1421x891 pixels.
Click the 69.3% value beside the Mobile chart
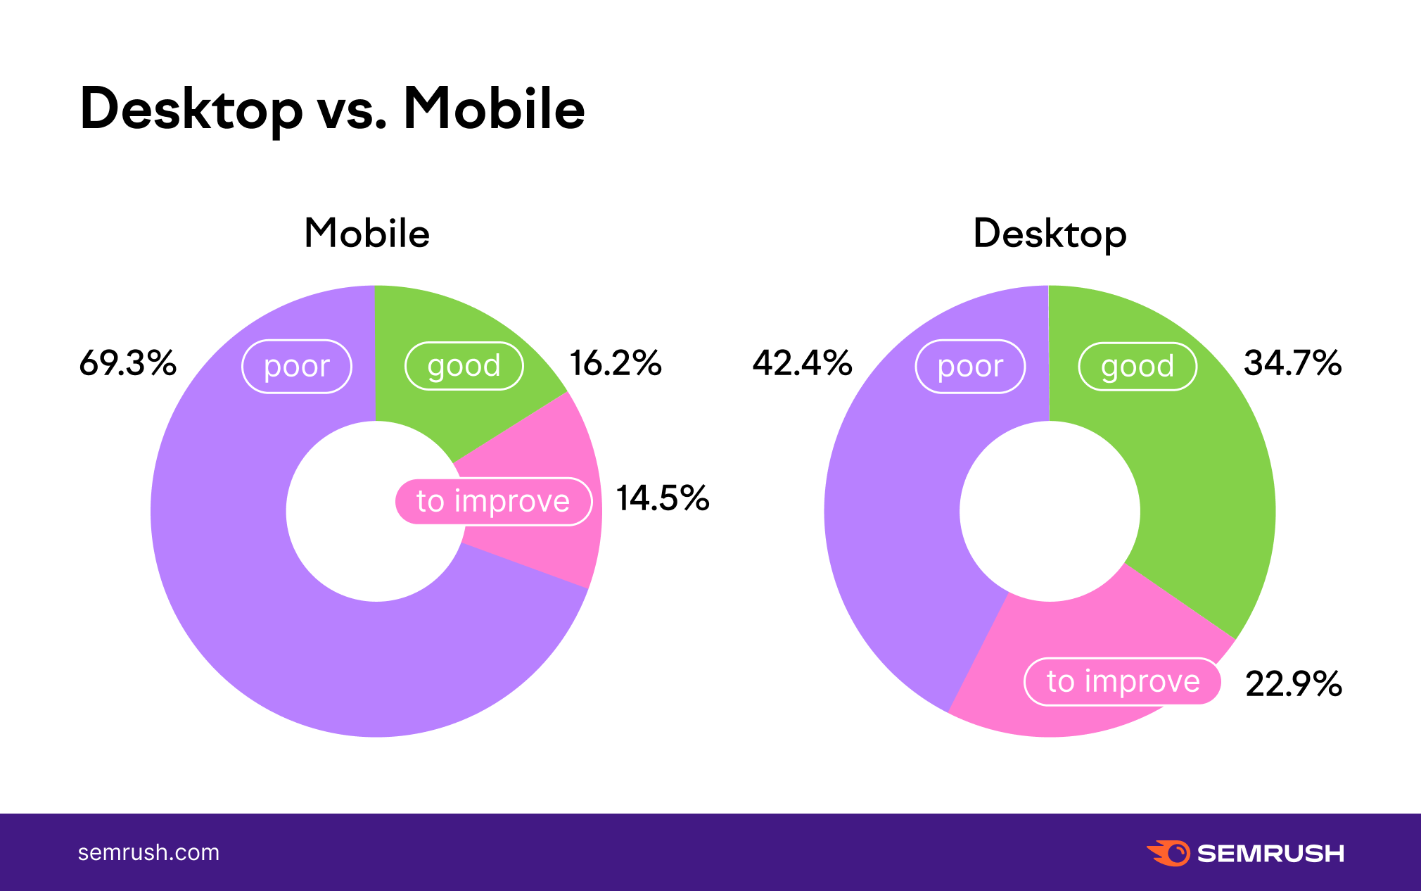coord(127,363)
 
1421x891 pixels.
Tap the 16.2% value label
coord(616,363)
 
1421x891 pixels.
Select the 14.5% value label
coord(663,498)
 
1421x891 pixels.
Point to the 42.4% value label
coord(802,363)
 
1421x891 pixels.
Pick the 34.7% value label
coord(1293,363)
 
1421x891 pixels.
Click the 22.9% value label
coord(1294,683)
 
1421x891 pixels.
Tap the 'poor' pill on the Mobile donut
coord(297,366)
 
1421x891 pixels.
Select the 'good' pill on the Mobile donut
coord(464,366)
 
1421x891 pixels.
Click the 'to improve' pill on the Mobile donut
coord(493,501)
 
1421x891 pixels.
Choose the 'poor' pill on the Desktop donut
coord(970,366)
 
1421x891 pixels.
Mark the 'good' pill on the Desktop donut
coord(1138,366)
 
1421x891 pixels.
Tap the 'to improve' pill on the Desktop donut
coord(1123,681)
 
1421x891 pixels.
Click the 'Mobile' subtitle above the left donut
coord(367,234)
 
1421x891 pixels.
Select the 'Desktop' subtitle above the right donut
coord(1050,234)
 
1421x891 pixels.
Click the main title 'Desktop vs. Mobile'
coord(332,109)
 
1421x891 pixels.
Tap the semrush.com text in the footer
coord(148,852)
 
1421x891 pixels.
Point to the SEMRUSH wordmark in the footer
coord(1270,853)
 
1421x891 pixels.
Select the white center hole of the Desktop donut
coord(1050,511)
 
